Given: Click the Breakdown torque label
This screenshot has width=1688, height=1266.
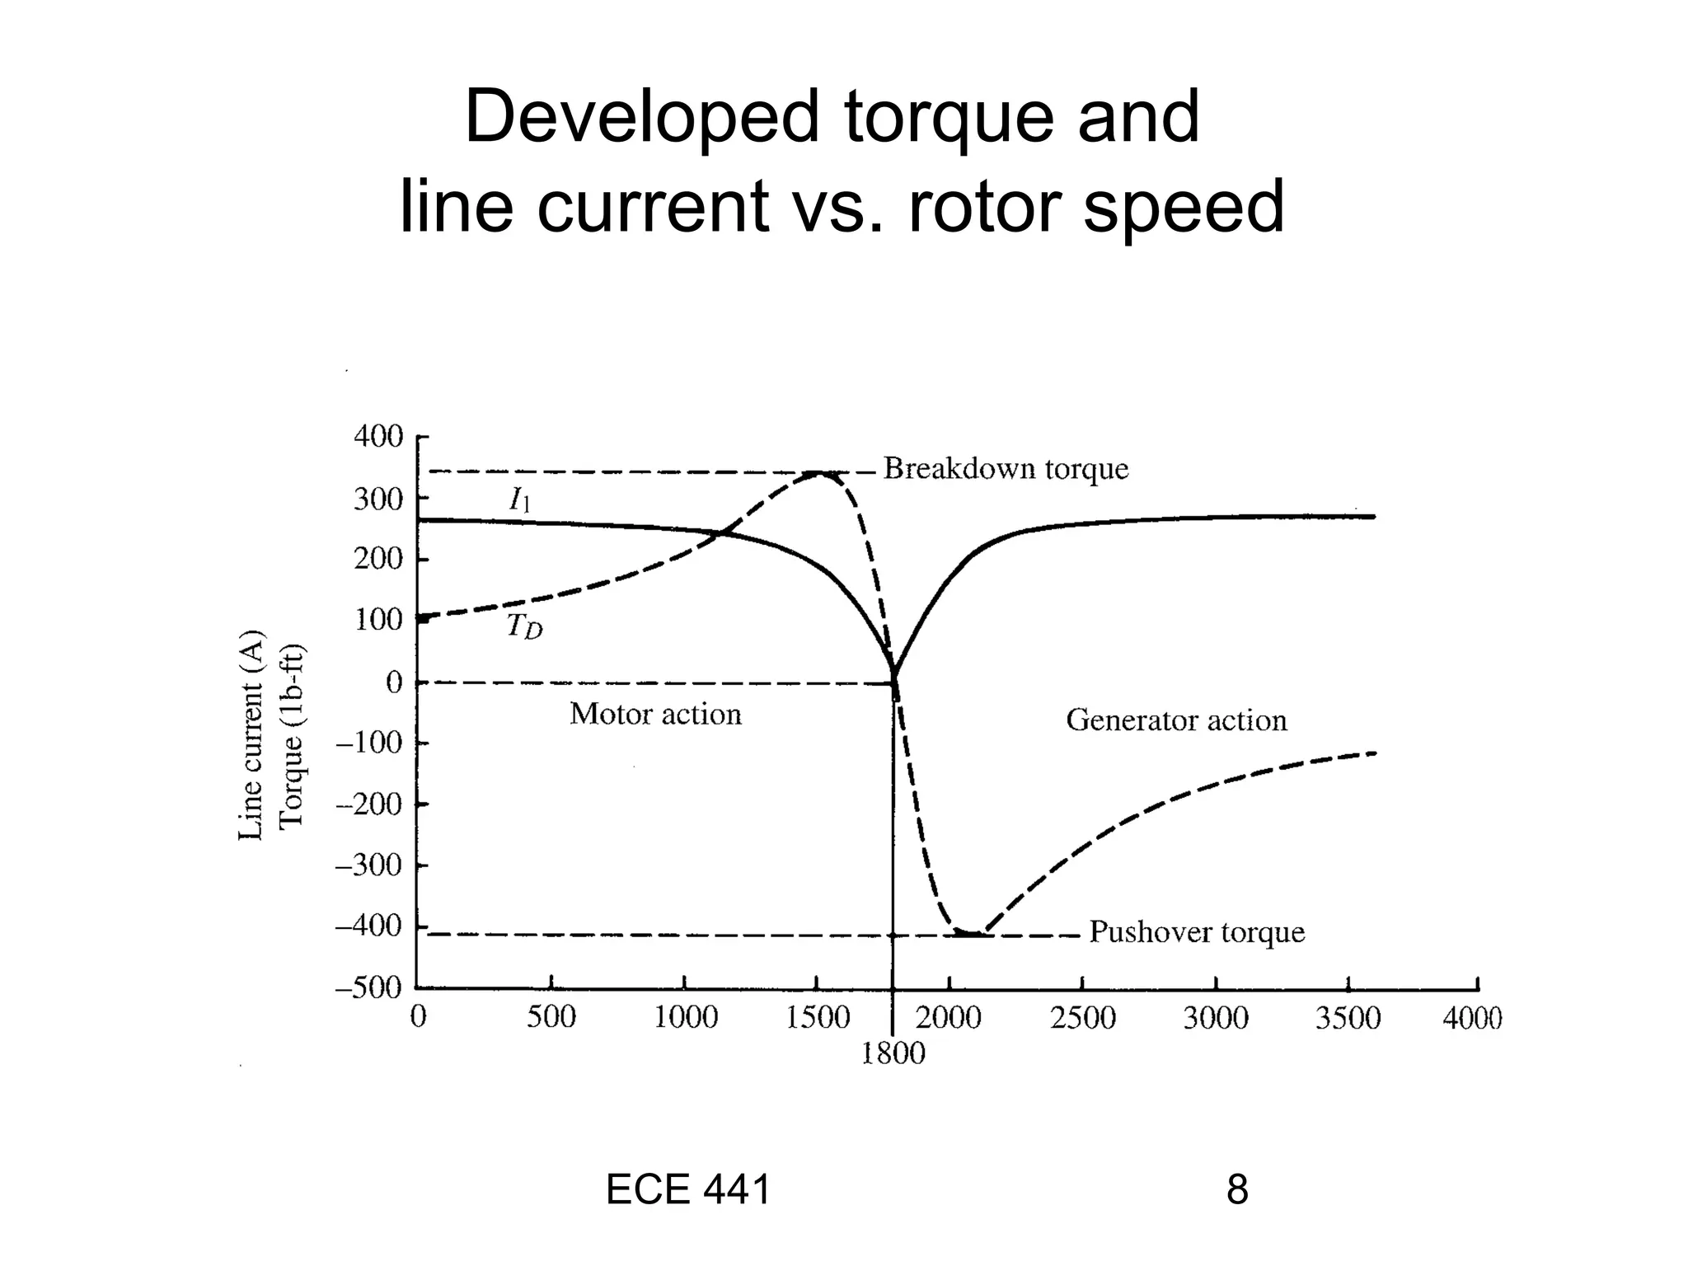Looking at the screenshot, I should (1006, 469).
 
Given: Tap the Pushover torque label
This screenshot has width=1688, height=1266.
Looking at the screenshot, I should (1197, 932).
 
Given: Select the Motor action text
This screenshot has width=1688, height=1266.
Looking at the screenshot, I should (655, 714).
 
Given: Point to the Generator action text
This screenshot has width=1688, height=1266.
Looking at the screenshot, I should (1176, 720).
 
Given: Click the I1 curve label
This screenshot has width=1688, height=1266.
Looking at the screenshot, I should (519, 499).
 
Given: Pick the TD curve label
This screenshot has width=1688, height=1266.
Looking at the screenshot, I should (525, 627).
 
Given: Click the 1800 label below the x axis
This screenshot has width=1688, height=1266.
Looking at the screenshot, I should (893, 1053).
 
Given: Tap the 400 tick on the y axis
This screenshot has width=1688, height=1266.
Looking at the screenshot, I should (378, 437).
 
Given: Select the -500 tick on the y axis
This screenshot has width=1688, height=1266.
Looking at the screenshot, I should (368, 987).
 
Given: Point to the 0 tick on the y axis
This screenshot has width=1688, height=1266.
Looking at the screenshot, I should (395, 682).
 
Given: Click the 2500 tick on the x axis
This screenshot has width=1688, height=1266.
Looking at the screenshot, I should (1082, 1019).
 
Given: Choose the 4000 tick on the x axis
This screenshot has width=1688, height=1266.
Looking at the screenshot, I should (1472, 1019).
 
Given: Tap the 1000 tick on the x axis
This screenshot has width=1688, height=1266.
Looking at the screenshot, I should (685, 1019).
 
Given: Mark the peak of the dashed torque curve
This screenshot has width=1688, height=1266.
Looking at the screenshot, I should (818, 473).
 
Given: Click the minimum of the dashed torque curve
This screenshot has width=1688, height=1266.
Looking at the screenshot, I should (969, 933).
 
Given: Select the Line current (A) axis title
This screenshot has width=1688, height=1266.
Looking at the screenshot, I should (251, 735).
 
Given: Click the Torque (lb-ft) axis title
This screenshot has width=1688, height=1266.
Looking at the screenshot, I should (291, 735).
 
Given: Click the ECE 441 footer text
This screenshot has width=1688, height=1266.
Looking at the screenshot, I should (687, 1190).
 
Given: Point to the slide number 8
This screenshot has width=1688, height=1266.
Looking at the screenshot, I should (1237, 1190).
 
